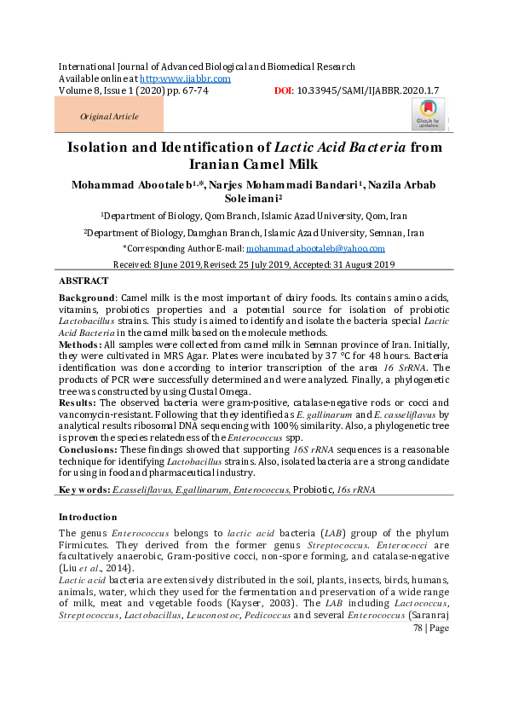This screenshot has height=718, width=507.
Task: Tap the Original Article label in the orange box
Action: click(x=108, y=117)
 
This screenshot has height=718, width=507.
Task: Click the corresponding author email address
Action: click(x=315, y=248)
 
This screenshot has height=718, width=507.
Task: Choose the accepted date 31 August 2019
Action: click(x=363, y=265)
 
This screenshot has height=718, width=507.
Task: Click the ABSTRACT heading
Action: click(x=84, y=281)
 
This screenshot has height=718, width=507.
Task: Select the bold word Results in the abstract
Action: click(x=78, y=402)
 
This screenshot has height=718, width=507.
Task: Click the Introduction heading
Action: click(x=88, y=517)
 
